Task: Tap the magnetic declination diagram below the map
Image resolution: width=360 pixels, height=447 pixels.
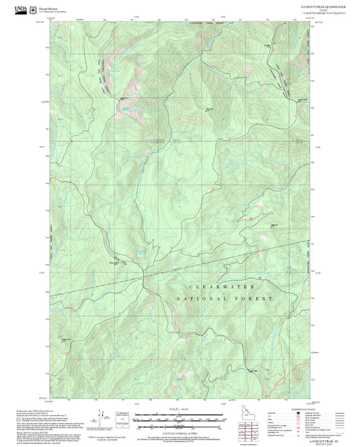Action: tap(101, 417)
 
